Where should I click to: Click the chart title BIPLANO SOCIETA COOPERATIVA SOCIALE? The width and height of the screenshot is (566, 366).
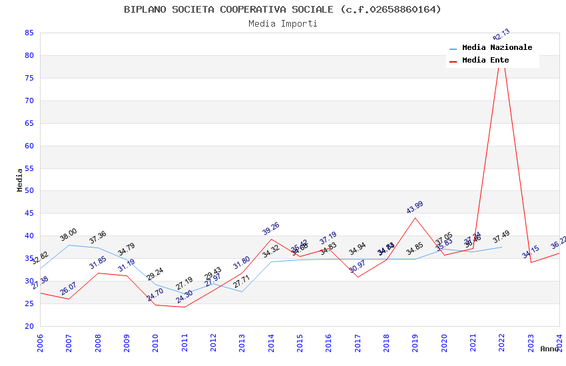[282, 9]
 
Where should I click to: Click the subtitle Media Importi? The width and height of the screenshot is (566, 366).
[282, 23]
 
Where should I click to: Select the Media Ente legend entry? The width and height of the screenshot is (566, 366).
[485, 61]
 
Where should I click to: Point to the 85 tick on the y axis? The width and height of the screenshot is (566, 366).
[29, 33]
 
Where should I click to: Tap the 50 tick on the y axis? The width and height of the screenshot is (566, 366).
[29, 191]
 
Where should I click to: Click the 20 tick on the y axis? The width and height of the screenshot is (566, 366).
[29, 326]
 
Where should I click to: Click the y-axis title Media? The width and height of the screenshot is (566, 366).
[20, 180]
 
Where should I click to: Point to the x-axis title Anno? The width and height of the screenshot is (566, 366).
[549, 349]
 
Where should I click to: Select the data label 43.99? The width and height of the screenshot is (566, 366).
[415, 208]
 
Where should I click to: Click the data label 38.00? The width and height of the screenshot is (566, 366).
[69, 234]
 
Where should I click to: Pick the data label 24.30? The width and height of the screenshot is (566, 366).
[184, 297]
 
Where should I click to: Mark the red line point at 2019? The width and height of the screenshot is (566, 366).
[416, 218]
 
